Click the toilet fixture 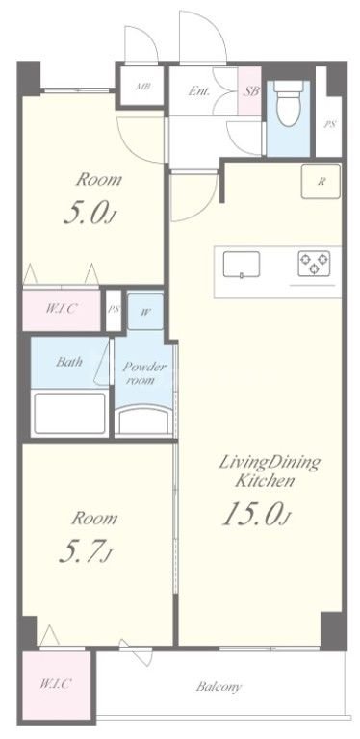(288, 104)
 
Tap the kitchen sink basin (242, 264)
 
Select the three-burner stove (314, 264)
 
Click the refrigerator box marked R (321, 182)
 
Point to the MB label (141, 87)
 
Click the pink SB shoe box (249, 91)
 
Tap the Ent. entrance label (199, 91)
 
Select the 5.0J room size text (90, 215)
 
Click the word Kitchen (265, 481)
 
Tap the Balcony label (219, 687)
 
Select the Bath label (69, 362)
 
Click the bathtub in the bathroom (70, 414)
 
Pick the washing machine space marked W (145, 312)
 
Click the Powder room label (144, 373)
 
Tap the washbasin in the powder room (143, 420)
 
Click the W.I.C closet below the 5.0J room (62, 310)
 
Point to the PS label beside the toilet (329, 125)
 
